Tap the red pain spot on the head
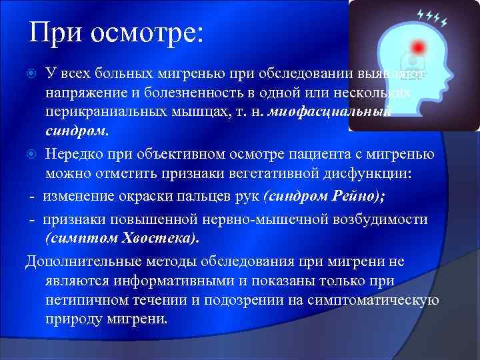point(419,47)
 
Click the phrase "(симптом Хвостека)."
point(122,238)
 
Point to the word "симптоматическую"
point(376,300)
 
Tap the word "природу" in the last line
point(71,319)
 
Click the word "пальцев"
point(203,197)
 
